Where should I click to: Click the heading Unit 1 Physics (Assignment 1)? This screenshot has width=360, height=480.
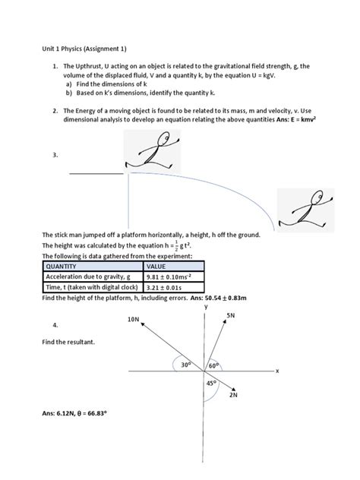tap(84, 49)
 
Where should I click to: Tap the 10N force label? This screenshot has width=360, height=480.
tap(133, 319)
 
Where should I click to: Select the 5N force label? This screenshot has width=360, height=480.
tap(231, 315)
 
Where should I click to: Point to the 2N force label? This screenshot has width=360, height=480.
tap(233, 395)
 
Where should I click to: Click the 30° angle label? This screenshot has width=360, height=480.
tap(186, 365)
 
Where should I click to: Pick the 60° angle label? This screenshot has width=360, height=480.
tap(214, 365)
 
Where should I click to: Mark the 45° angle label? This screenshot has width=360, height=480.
tap(211, 383)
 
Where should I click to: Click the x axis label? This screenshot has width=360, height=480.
tap(277, 371)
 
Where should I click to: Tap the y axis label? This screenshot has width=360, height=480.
tap(206, 306)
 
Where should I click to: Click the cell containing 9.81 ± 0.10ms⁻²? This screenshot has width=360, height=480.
tap(174, 276)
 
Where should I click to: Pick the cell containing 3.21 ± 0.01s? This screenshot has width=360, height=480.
tap(174, 287)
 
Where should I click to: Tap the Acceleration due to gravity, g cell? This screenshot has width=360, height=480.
tap(93, 276)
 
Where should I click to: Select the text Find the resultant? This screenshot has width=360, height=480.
tap(68, 342)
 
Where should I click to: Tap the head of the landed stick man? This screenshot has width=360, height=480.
tap(318, 196)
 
